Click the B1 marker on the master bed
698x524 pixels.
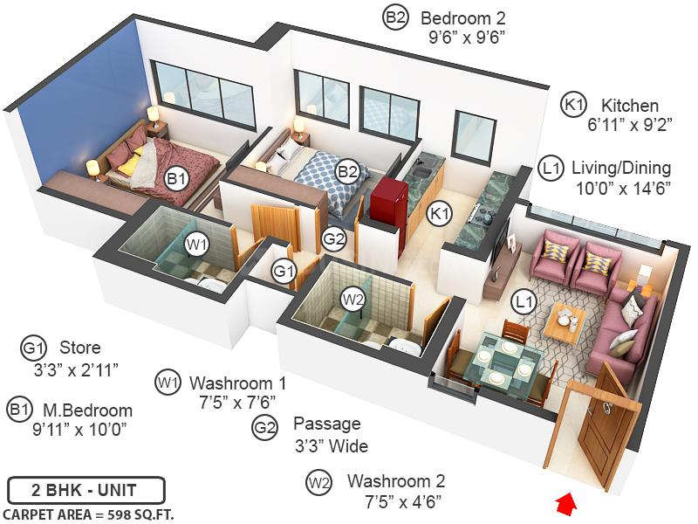tap(177, 178)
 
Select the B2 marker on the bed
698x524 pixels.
tap(348, 171)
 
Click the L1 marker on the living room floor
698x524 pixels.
tap(523, 303)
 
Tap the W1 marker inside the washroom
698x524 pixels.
tap(198, 244)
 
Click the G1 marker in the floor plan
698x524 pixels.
tap(284, 271)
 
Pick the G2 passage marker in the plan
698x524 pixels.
tap(333, 238)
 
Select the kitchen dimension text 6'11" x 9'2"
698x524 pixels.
tap(629, 125)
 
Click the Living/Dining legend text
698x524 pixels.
tap(620, 167)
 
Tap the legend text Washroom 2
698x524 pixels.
tap(396, 481)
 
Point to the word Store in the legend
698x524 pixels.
tap(79, 348)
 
